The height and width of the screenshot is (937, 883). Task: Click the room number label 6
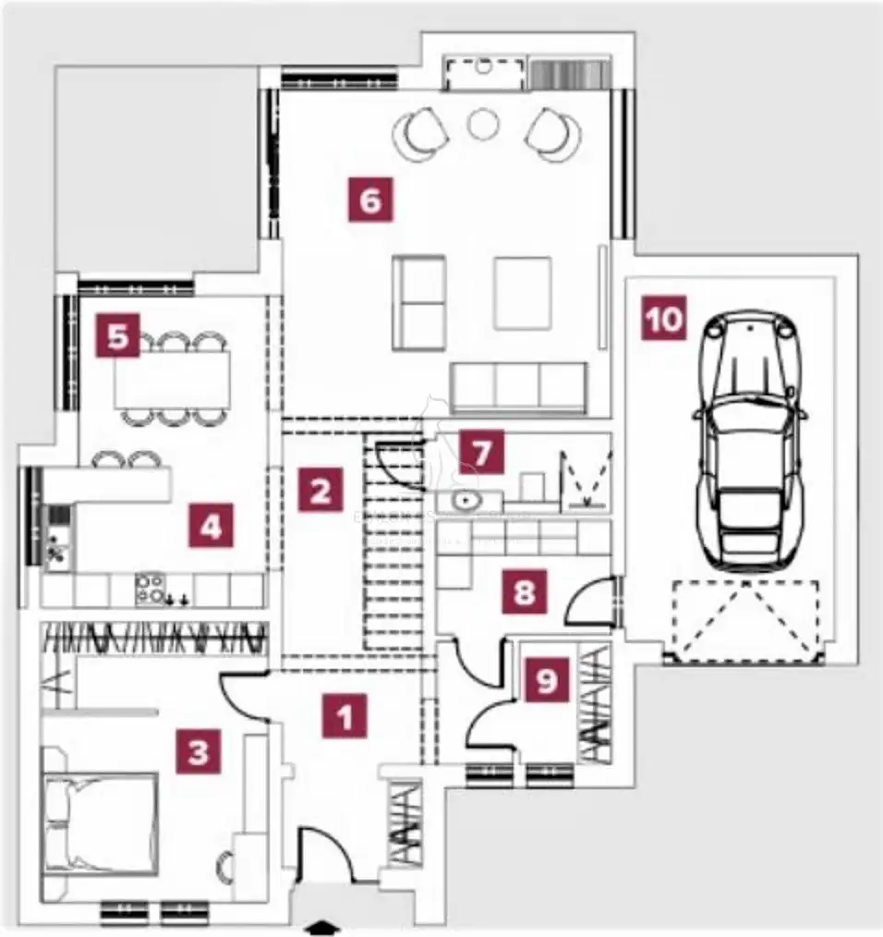[371, 200]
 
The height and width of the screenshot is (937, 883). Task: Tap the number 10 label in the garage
[664, 318]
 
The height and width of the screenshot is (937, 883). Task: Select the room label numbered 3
[199, 751]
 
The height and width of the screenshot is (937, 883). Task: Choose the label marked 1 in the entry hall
[345, 715]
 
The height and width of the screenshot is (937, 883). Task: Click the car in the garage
[750, 439]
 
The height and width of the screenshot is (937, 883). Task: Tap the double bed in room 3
[100, 823]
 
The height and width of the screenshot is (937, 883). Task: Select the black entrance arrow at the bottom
[321, 927]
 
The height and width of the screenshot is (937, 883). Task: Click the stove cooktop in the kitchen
[151, 588]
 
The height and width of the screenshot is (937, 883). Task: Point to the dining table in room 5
[173, 379]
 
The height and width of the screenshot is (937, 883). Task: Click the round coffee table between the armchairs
[483, 125]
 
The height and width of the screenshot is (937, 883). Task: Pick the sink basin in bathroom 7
[464, 500]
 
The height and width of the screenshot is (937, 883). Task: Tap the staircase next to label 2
[393, 542]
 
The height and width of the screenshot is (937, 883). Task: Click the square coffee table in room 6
[522, 293]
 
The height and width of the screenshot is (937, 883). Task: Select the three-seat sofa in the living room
[518, 387]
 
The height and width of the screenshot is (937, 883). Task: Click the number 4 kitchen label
[211, 525]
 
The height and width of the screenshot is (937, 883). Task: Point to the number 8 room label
[525, 591]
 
